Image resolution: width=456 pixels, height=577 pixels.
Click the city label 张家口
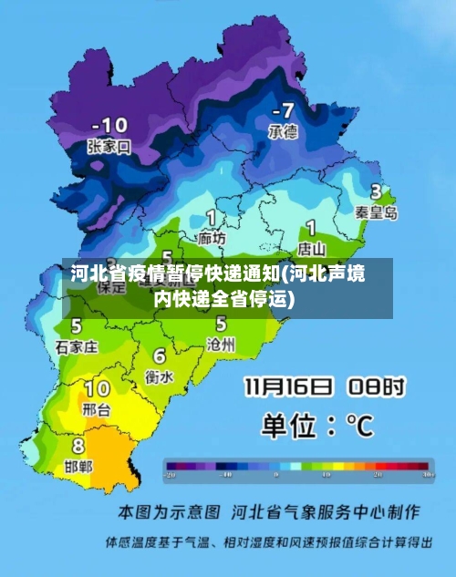point(109,146)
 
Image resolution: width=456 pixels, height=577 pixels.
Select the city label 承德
point(282,131)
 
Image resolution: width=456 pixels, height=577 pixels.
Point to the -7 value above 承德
point(281,111)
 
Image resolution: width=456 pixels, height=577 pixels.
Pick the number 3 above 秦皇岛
point(375,192)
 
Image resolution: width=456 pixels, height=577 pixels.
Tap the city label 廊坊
point(212,238)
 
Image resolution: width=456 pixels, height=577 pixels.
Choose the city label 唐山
point(313,247)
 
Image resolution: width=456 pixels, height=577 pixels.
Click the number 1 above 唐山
point(311,227)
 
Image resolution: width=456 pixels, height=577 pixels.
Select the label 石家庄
point(77,346)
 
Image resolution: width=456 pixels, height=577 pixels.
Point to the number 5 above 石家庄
point(76,325)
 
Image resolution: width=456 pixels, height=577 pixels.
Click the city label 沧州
point(222,344)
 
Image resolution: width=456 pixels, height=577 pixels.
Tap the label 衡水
point(161,375)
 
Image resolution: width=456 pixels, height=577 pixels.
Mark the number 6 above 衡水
point(160,355)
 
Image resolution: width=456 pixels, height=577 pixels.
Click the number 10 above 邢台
point(98,389)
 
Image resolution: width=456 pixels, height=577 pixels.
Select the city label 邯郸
point(78,466)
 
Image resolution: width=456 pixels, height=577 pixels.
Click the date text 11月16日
point(288,387)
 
